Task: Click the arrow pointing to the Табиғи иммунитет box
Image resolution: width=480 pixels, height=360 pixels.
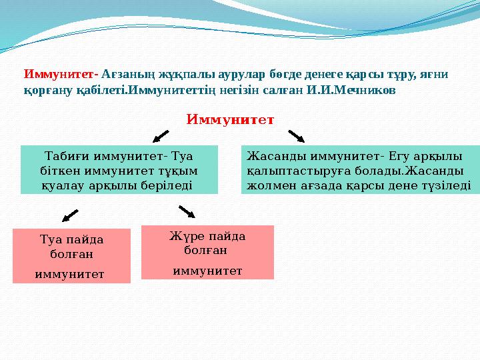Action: click(161, 136)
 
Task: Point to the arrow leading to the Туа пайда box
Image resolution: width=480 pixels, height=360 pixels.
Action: click(70, 215)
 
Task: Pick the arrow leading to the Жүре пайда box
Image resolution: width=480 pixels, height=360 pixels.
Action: click(187, 212)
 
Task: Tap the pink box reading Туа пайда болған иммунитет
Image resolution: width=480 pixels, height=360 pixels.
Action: click(72, 255)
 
